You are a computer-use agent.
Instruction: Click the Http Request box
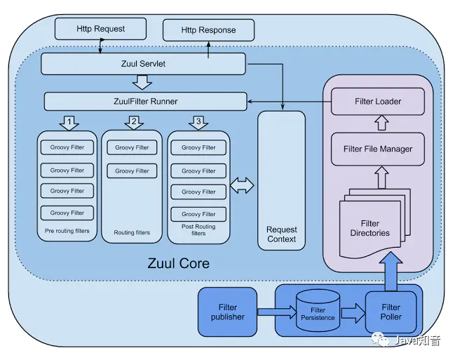(100, 29)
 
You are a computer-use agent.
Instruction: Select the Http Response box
(208, 30)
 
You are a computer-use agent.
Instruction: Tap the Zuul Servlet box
(143, 64)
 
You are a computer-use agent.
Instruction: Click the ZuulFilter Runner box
(145, 102)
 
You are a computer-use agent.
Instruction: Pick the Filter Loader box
(378, 102)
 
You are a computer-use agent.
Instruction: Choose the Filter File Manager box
(378, 149)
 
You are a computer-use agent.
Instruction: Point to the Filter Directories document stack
(374, 224)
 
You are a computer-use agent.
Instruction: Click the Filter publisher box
(227, 312)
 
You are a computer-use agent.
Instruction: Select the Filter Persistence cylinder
(318, 310)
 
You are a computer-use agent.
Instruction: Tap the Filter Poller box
(391, 312)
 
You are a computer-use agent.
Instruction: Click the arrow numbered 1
(69, 124)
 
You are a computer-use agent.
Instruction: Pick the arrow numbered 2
(134, 123)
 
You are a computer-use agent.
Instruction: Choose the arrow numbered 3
(198, 123)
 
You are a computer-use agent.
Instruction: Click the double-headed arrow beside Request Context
(242, 185)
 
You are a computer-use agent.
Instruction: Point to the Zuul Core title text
(179, 264)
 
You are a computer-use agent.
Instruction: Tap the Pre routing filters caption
(67, 231)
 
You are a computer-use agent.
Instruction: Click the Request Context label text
(281, 234)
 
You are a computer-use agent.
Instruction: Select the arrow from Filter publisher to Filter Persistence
(277, 312)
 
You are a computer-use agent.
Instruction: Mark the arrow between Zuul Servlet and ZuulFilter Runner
(142, 82)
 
